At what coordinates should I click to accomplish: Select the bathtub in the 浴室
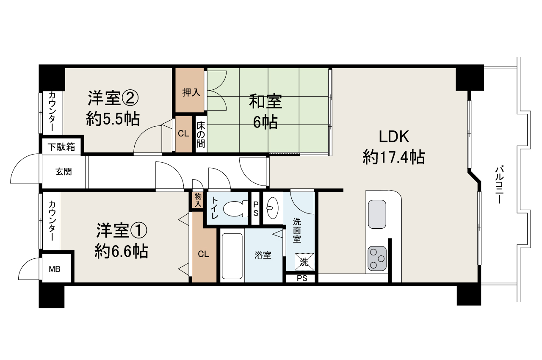(232, 255)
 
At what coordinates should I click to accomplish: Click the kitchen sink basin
(377, 214)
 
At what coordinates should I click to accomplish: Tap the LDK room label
(393, 137)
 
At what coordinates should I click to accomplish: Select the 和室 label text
(265, 102)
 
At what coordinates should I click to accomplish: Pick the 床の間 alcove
(201, 135)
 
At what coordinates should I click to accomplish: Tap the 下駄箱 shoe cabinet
(61, 147)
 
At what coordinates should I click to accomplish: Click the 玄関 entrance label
(64, 172)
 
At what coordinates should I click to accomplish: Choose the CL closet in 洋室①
(204, 254)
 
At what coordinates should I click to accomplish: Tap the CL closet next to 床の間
(183, 134)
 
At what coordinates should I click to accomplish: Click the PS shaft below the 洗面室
(301, 279)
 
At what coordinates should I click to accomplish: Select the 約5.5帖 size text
(113, 119)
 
